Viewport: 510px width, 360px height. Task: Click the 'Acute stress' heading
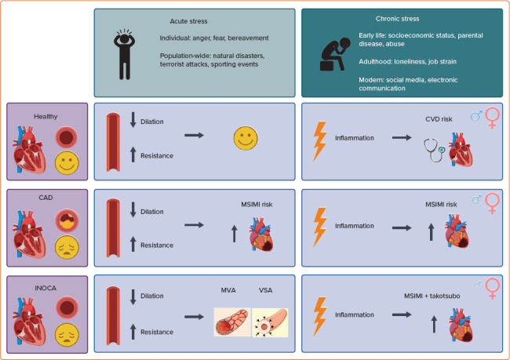point(185,20)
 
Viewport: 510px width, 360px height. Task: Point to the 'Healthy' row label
point(46,117)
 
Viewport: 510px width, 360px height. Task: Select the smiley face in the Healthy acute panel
point(246,139)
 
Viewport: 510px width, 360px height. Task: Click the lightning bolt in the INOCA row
point(321,314)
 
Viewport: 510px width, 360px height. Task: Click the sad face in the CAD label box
point(67,248)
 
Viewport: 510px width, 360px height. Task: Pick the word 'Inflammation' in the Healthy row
point(354,138)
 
